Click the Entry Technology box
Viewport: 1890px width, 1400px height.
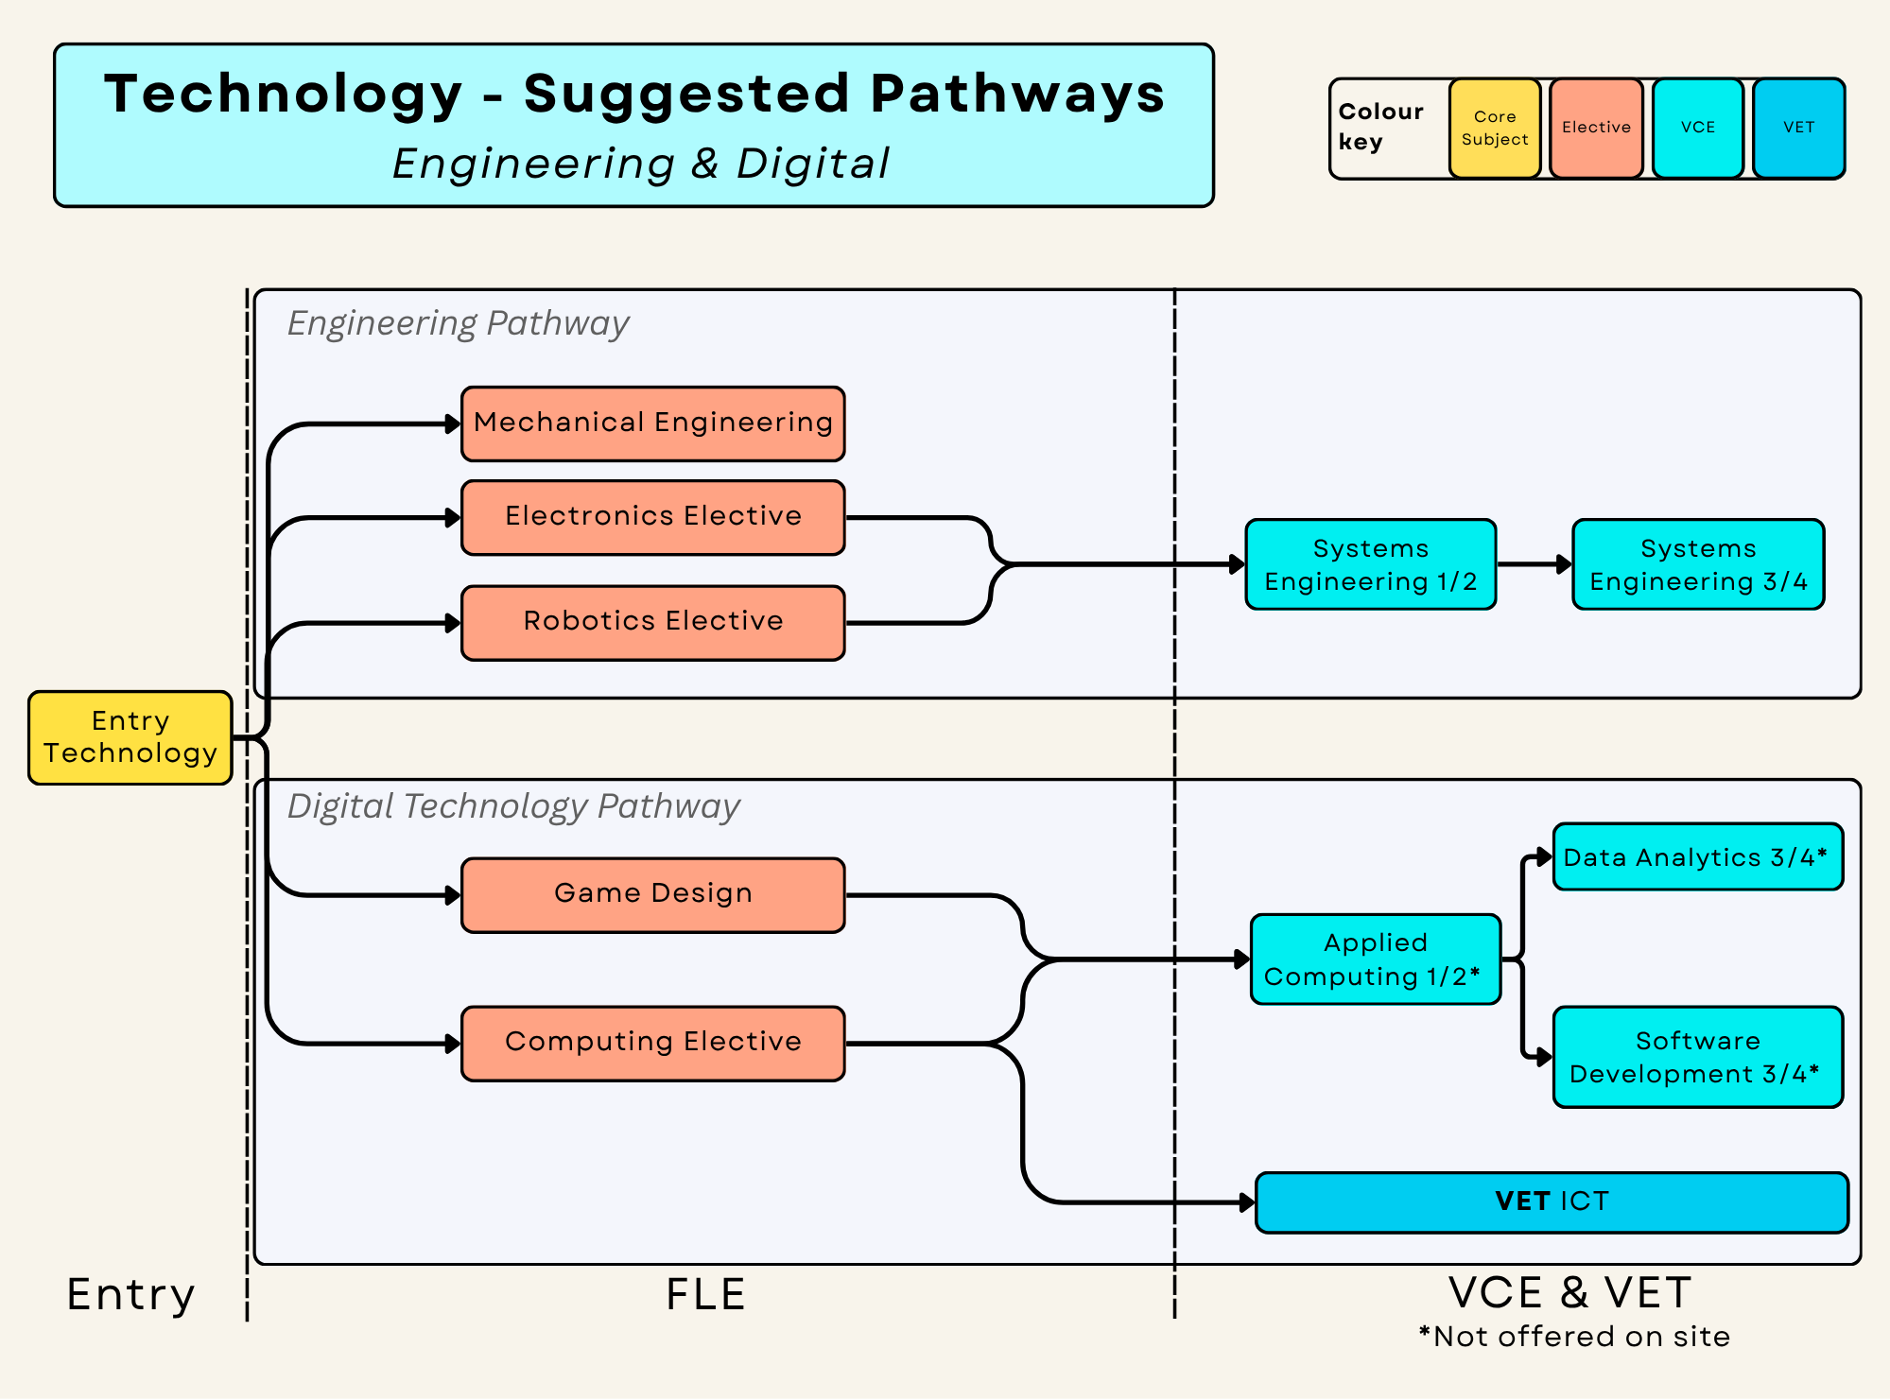coord(130,737)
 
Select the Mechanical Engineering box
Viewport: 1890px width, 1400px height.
coord(653,423)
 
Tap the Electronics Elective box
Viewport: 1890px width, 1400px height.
coord(653,517)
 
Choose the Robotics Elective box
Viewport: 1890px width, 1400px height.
coord(653,622)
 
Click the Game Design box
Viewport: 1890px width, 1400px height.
coord(653,894)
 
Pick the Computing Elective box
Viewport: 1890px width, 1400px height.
coord(653,1043)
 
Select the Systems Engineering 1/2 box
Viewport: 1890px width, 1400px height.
coord(1371,564)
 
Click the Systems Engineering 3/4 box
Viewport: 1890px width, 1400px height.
coord(1698,564)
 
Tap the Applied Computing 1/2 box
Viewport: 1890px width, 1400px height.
coord(1376,959)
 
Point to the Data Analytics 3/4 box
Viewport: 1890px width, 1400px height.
coord(1698,856)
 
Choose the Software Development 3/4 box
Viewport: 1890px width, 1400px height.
coord(1698,1057)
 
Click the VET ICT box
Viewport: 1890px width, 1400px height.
coord(1552,1202)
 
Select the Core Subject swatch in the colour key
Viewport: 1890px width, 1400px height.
coord(1495,129)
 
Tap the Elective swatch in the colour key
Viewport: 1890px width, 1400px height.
coord(1596,129)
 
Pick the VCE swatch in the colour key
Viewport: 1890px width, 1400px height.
coord(1698,129)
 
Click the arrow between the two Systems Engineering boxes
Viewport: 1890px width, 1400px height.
coord(1535,564)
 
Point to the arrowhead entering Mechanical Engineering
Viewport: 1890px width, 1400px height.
coord(453,424)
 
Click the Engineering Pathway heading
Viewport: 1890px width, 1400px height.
coord(459,323)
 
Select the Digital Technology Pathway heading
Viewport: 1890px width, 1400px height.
coord(513,806)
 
